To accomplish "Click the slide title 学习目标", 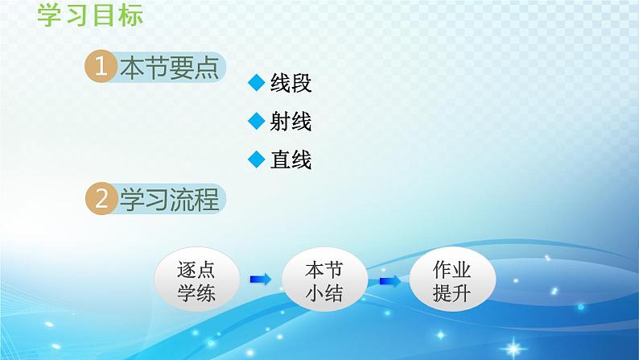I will (x=90, y=15).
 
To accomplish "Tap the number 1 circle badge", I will (x=101, y=69).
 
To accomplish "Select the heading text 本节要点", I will (x=168, y=69).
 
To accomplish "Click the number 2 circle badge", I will (x=101, y=200).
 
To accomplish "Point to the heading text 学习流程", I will (x=168, y=200).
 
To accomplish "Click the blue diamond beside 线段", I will (x=257, y=84).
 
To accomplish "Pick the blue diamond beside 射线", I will (x=257, y=122).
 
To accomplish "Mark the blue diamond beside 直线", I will (x=257, y=159).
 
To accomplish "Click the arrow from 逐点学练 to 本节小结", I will (x=260, y=279).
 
